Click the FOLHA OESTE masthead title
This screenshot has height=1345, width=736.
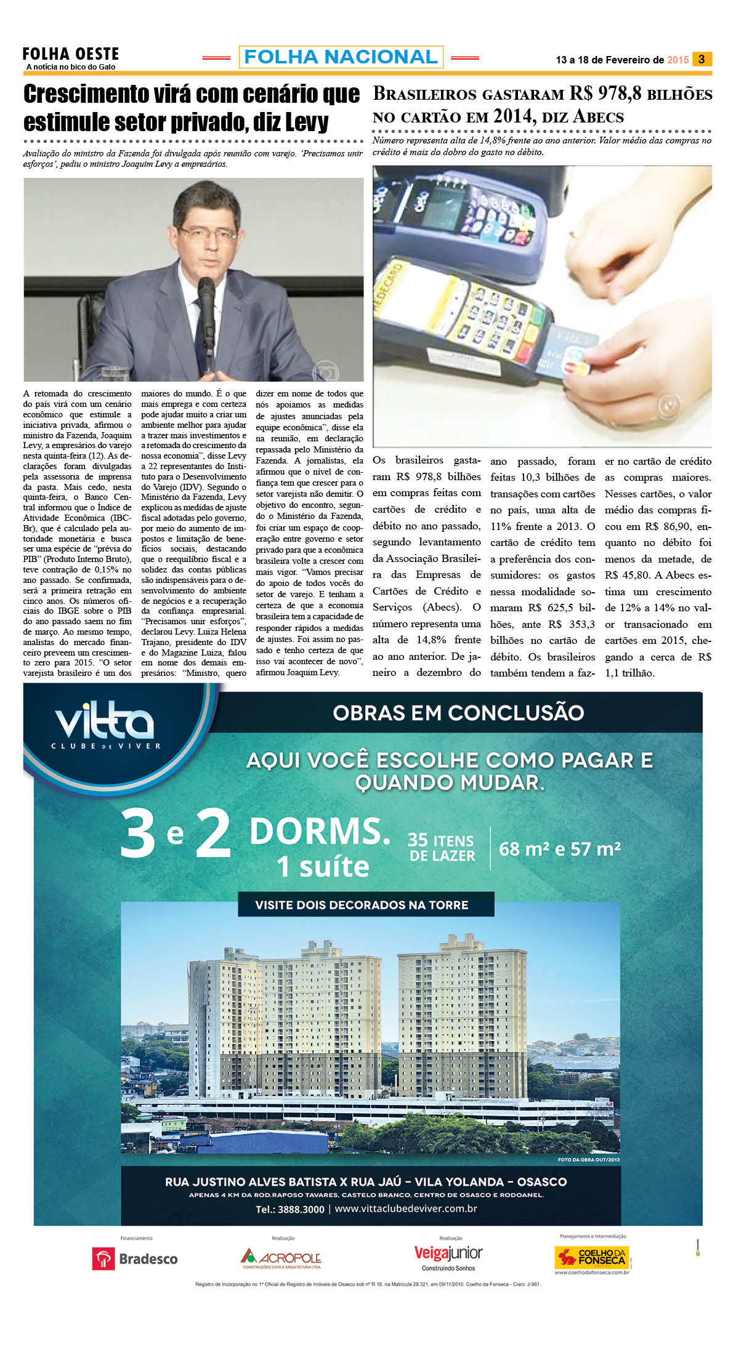coord(70,54)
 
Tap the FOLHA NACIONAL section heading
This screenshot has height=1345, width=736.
coord(341,57)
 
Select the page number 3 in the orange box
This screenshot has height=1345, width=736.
coord(702,59)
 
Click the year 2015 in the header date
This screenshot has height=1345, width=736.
coord(677,60)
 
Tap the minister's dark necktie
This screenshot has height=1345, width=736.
coord(202,332)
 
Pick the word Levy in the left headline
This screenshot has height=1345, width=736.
coord(302,122)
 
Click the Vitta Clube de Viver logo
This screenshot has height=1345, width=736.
coord(105,727)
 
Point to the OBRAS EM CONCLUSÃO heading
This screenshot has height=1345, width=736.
coord(458,713)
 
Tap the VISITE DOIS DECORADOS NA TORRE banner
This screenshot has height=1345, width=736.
coord(362,905)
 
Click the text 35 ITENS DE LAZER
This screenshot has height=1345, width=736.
coord(442,848)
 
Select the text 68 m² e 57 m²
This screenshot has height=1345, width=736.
coord(559,849)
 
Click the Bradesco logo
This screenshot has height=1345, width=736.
coord(134,1258)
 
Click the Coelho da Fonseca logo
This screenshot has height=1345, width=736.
coord(590,1256)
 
